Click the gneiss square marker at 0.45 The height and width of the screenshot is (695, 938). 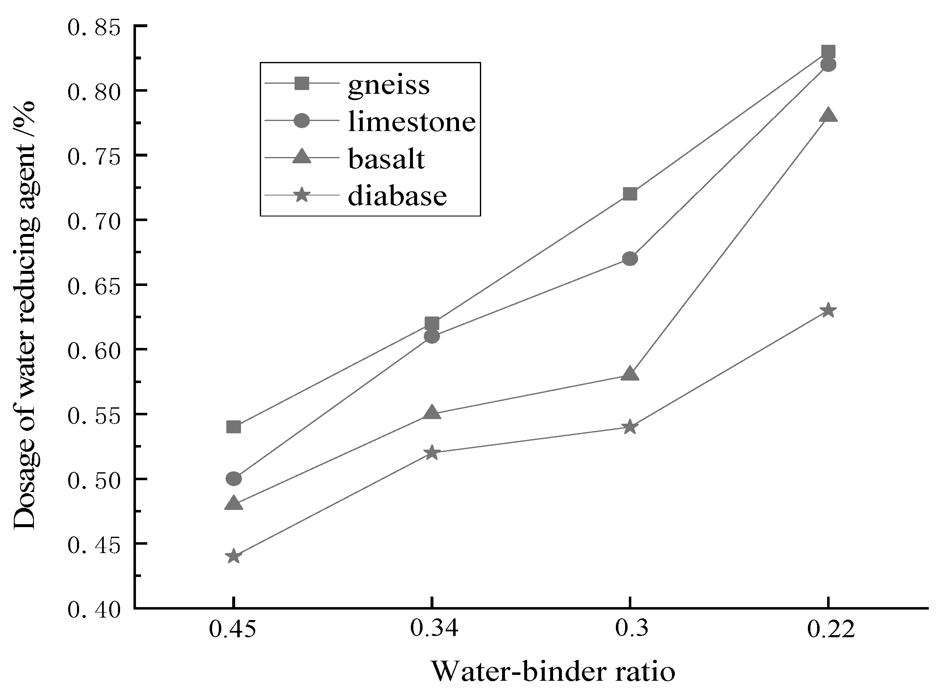[233, 427]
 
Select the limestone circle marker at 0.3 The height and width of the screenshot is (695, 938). [630, 259]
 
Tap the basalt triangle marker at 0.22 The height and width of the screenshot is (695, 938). [828, 115]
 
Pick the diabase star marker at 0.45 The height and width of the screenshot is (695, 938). [233, 556]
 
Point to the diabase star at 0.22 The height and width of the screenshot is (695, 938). [828, 311]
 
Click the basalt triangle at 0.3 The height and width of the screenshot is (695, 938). [630, 374]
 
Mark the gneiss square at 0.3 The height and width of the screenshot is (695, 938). [630, 194]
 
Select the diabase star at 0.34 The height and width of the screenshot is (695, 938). [432, 453]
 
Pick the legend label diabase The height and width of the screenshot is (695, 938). [397, 196]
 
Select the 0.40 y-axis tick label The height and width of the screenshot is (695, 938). [93, 610]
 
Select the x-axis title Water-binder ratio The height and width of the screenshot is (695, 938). [553, 672]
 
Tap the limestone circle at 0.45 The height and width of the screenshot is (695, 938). [233, 479]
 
